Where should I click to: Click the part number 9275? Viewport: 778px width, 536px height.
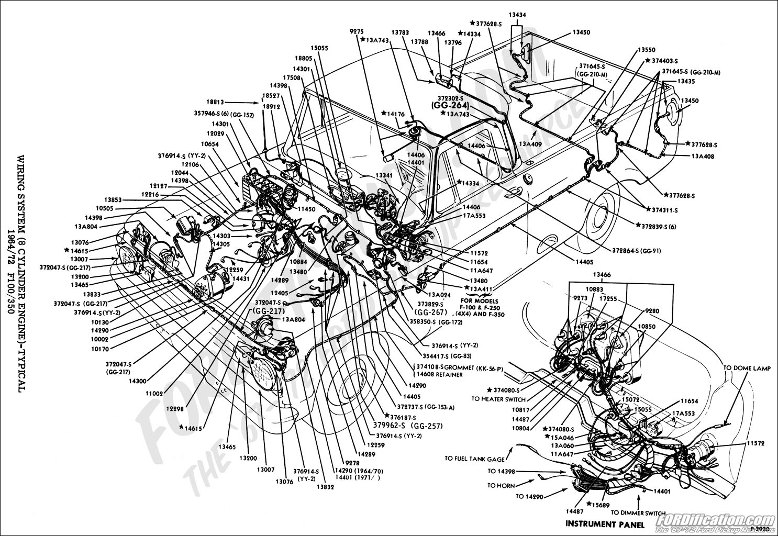pyautogui.click(x=357, y=31)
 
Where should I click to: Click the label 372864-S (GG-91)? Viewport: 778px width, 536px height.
pyautogui.click(x=636, y=251)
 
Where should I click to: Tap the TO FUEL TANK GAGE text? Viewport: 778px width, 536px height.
pyautogui.click(x=475, y=459)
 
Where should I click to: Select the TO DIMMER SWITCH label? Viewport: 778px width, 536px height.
pyautogui.click(x=638, y=513)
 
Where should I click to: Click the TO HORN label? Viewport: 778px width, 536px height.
pyautogui.click(x=501, y=486)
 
